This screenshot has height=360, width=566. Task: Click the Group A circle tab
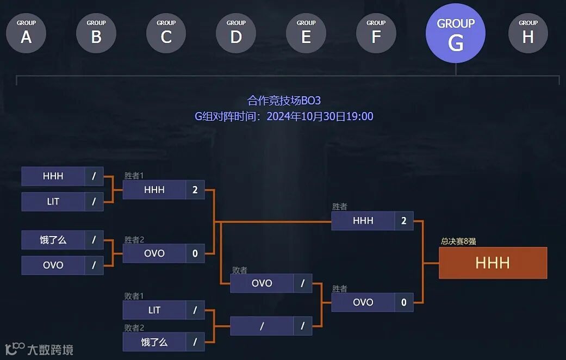click(x=26, y=33)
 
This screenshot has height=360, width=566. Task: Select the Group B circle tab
click(x=96, y=33)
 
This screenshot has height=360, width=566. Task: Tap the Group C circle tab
click(x=166, y=33)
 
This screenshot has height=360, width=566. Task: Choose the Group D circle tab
click(x=236, y=33)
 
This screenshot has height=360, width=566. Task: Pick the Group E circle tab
click(x=306, y=33)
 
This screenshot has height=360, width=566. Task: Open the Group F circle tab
click(x=376, y=33)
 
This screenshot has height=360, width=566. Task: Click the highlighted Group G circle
click(x=456, y=34)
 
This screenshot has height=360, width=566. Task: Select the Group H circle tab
click(x=528, y=33)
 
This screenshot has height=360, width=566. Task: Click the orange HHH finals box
click(x=493, y=263)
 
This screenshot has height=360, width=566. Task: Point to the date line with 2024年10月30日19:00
click(x=284, y=116)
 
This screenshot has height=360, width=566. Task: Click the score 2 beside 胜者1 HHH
click(x=195, y=190)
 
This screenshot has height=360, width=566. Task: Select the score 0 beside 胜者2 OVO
click(x=195, y=253)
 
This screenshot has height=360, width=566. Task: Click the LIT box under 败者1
click(x=154, y=310)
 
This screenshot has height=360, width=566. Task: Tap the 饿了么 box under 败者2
click(x=154, y=342)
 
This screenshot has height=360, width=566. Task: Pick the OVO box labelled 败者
click(x=262, y=283)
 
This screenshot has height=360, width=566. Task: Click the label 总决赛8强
click(x=458, y=241)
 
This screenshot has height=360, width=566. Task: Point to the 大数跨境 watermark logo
click(x=39, y=349)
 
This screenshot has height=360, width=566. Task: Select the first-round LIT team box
click(x=53, y=202)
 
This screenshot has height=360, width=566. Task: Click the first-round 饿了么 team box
click(x=53, y=240)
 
